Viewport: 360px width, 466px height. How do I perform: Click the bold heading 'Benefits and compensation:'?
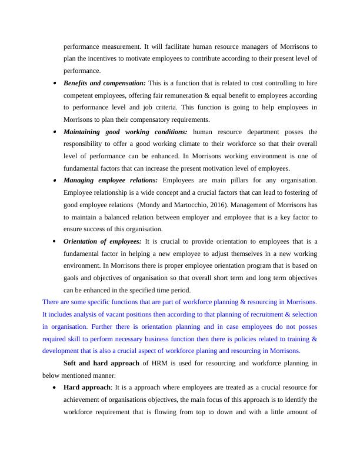105,83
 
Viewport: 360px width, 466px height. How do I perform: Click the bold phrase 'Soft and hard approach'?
101,363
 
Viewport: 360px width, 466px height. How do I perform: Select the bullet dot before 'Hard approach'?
55,388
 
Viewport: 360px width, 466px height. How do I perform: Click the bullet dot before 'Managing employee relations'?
55,181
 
